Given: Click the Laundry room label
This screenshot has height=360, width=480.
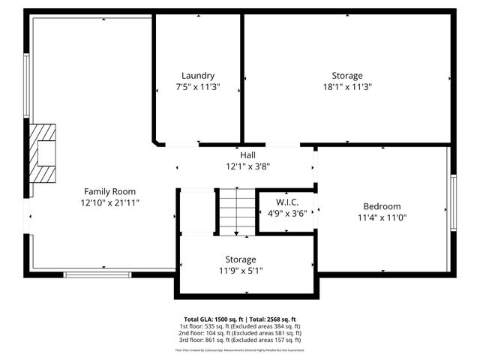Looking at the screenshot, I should coord(198,76).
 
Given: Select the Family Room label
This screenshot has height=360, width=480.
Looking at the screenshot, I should coord(109,191).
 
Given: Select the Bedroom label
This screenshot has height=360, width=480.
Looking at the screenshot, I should coord(382,206).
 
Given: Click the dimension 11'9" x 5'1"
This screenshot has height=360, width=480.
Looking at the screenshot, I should coord(241,271).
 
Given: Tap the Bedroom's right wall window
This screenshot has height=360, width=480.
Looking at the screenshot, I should coord(452,203).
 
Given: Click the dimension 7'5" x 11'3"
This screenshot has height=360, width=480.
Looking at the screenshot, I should coord(198,87).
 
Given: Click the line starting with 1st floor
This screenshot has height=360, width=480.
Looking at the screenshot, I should coord(240,326).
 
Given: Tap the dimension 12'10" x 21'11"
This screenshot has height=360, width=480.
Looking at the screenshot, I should coord(110,202).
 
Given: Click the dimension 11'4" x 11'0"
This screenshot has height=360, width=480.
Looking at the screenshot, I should coord(382,218).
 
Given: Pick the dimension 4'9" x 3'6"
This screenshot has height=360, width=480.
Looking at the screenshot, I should coord(286,212).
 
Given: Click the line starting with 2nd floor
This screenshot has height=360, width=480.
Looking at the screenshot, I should coord(240,333).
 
